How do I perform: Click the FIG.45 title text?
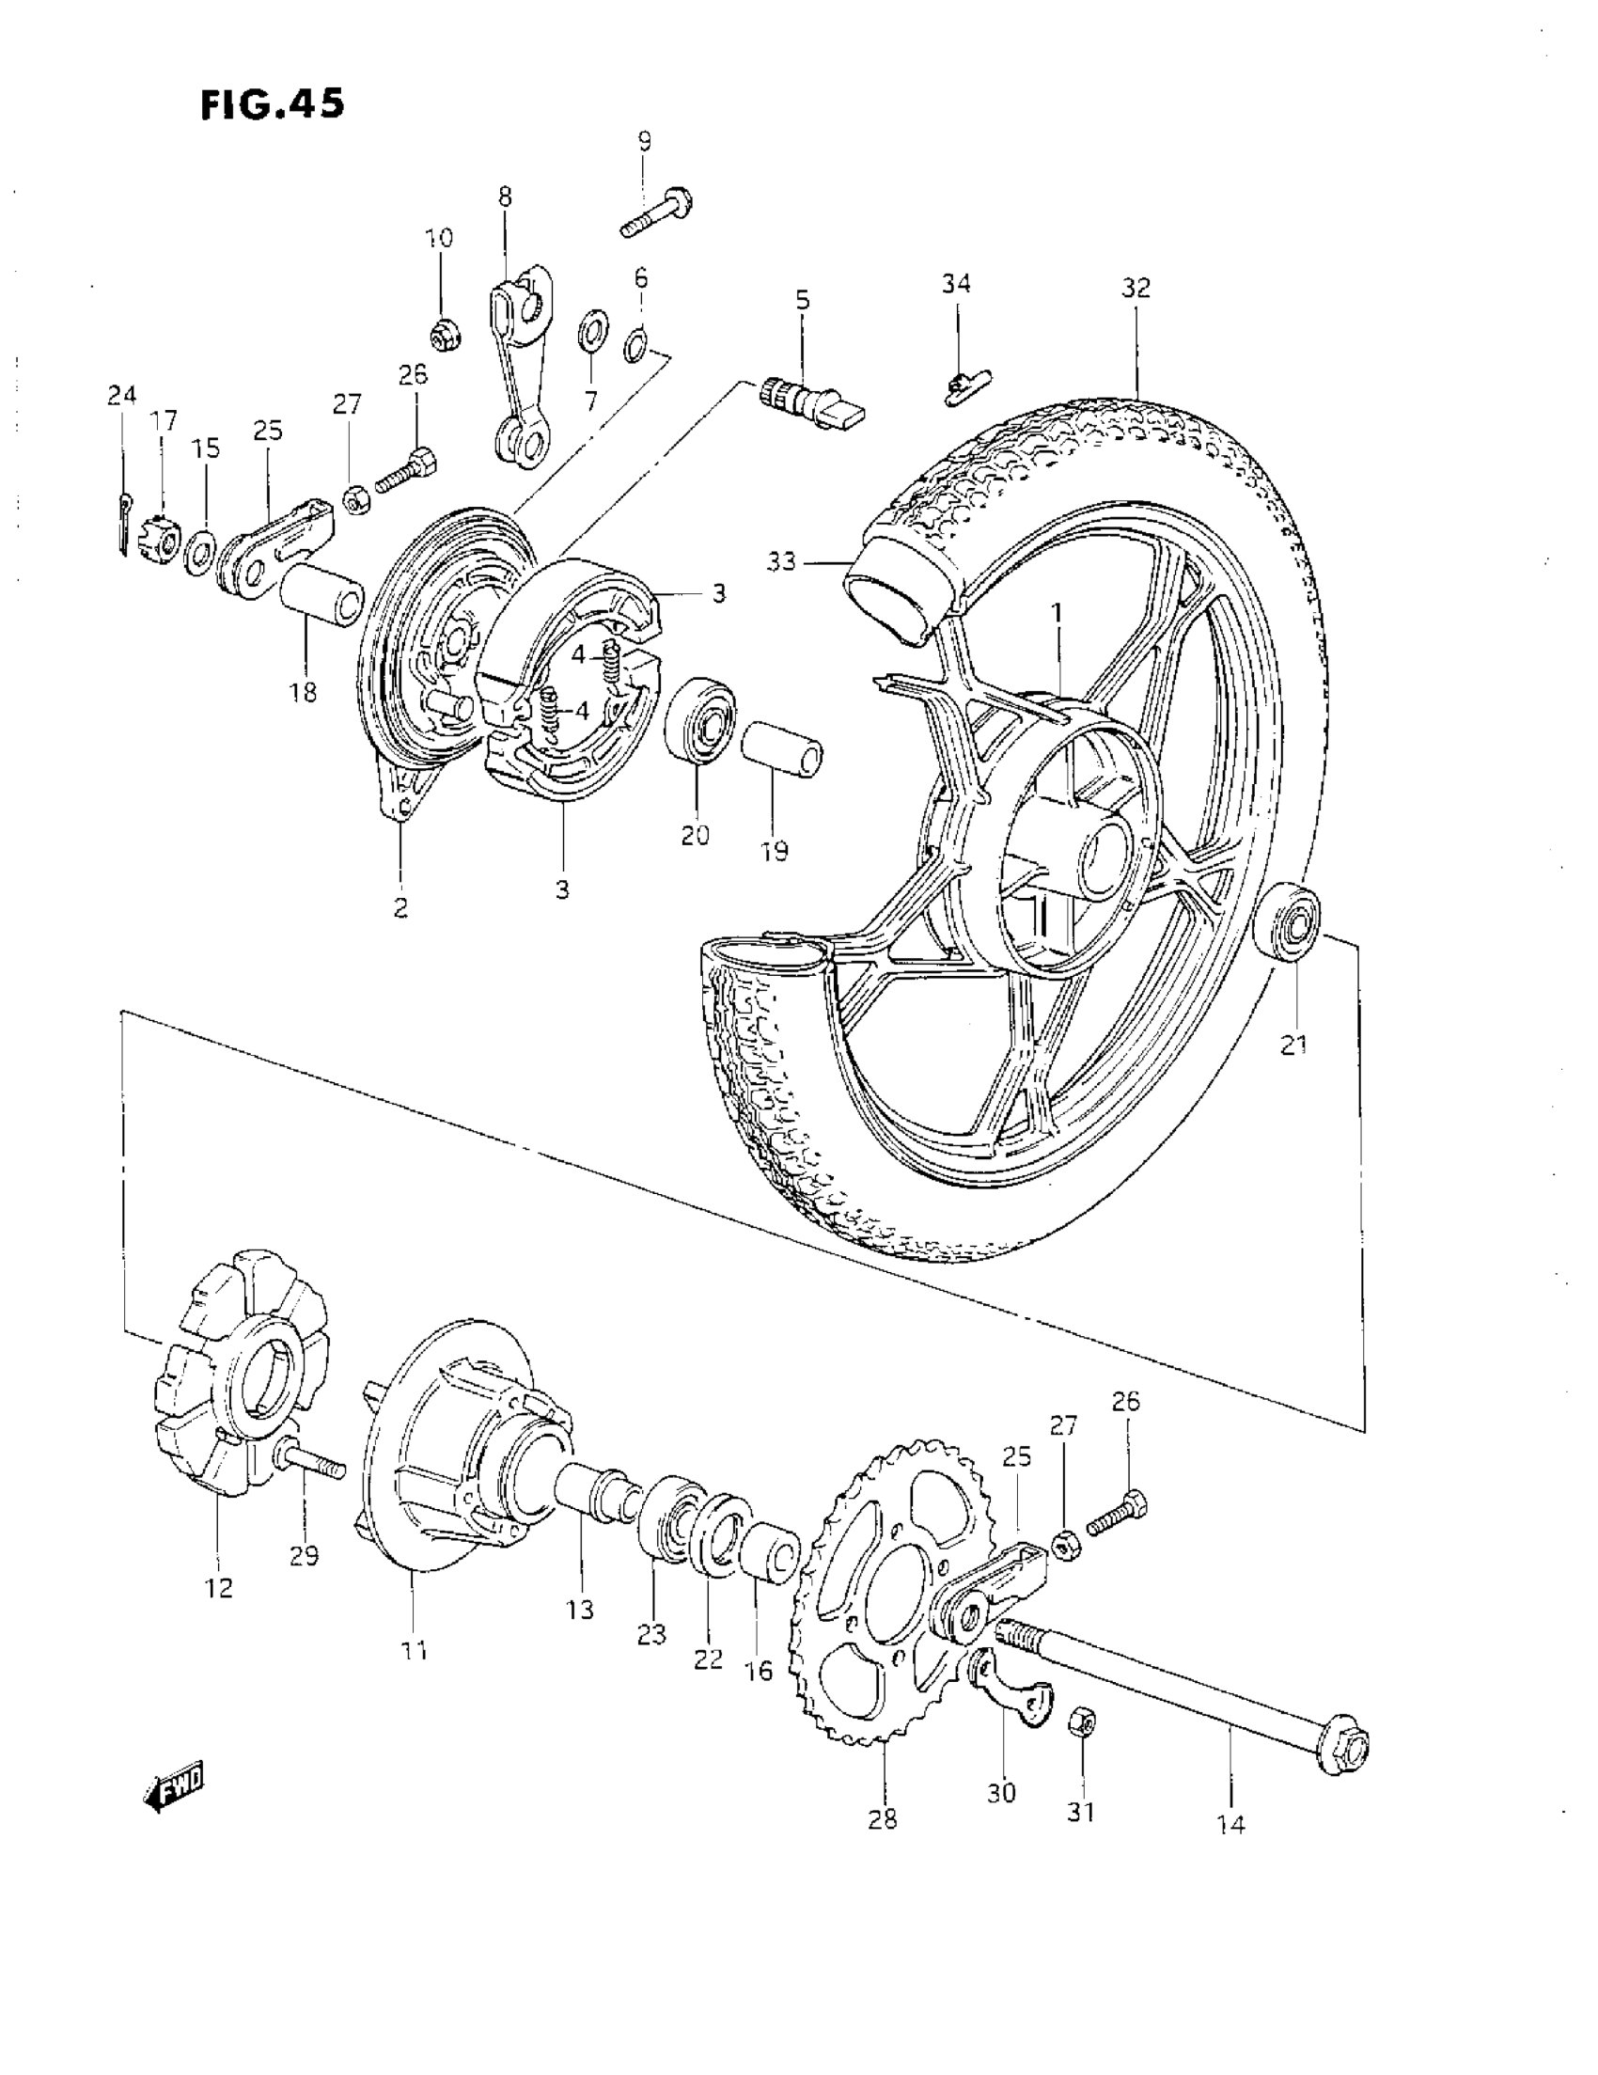pos(273,104)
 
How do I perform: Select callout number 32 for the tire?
pos(1136,287)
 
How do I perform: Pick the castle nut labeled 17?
pos(160,539)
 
